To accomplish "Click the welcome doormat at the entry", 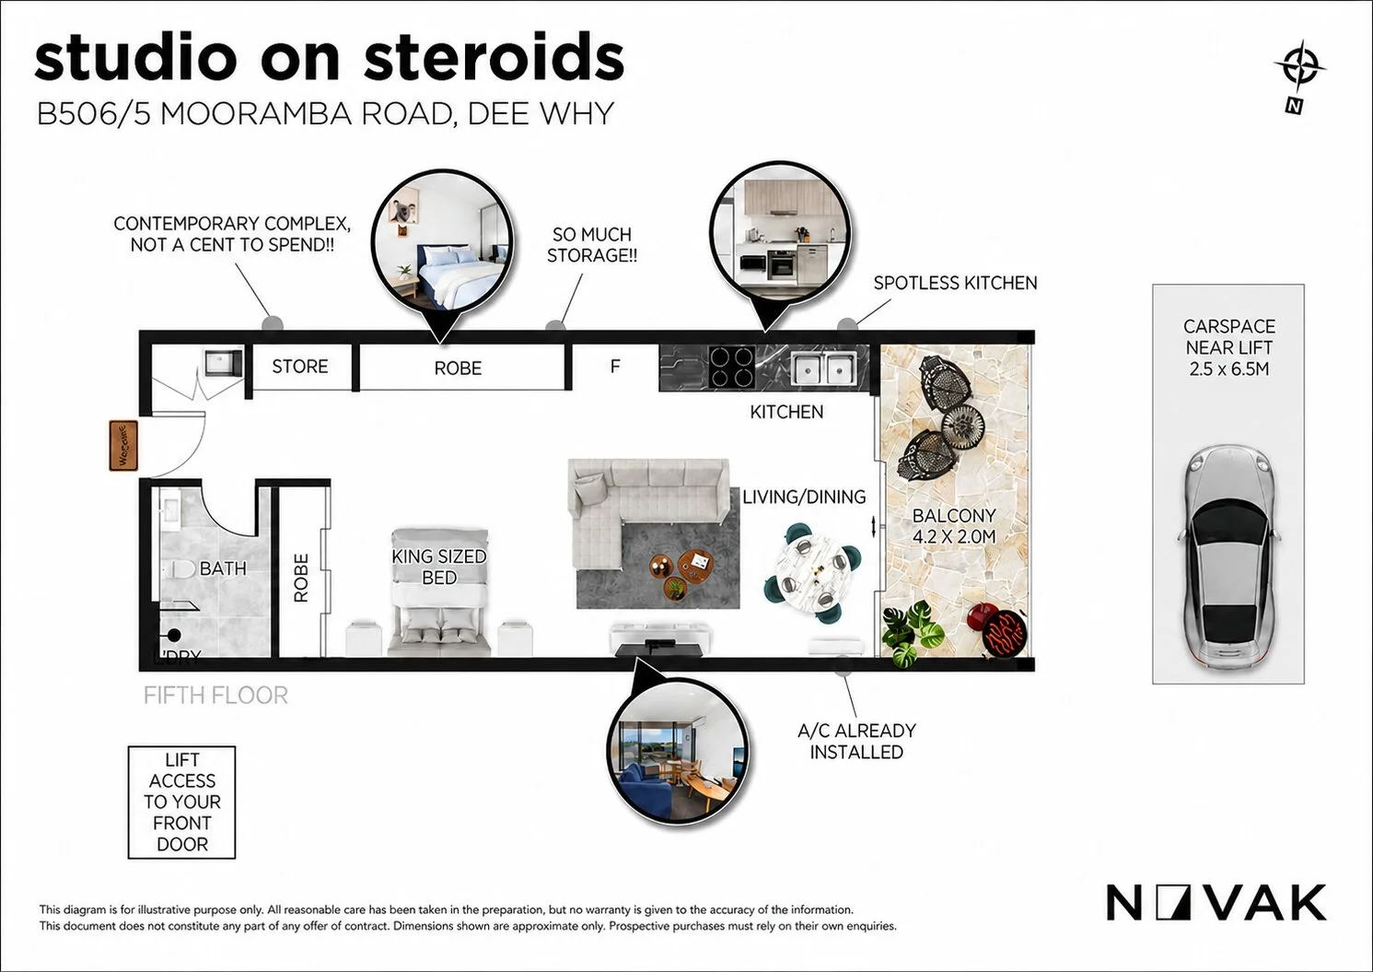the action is (123, 446).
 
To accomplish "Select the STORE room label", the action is (299, 367).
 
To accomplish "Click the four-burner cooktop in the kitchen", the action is (731, 366).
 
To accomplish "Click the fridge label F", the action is (615, 367).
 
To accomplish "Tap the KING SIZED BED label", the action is (439, 567).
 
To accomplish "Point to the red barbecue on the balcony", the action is (999, 629).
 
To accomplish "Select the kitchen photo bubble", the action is (781, 233).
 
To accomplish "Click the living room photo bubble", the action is (679, 754).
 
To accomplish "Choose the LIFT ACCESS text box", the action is (181, 802).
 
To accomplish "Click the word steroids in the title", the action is (494, 58).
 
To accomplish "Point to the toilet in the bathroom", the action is (179, 570).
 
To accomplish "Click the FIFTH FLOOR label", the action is (215, 696).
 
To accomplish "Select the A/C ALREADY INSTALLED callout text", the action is (856, 741).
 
